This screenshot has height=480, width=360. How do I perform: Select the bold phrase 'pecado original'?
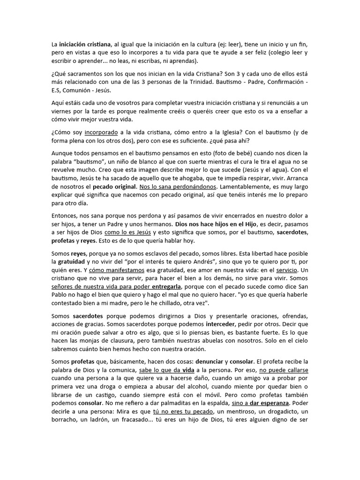point(114,187)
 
